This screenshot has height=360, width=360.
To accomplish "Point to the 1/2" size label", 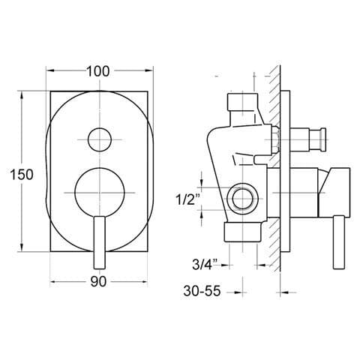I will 186,199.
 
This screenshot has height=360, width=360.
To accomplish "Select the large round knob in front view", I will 99,192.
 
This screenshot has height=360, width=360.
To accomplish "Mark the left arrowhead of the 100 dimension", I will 51,72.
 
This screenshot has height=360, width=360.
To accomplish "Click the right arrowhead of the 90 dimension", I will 143,283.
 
